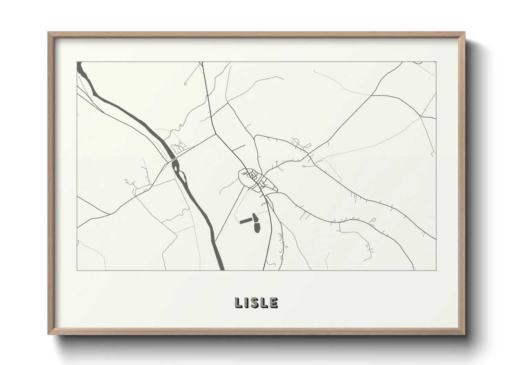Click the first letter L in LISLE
pos(238,303)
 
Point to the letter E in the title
pos(274,303)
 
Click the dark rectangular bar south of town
pos(246,220)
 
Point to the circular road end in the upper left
pos(185,83)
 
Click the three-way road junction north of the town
pos(216,132)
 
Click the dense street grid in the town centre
pos(257,179)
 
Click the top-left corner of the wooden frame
pos(49,33)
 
